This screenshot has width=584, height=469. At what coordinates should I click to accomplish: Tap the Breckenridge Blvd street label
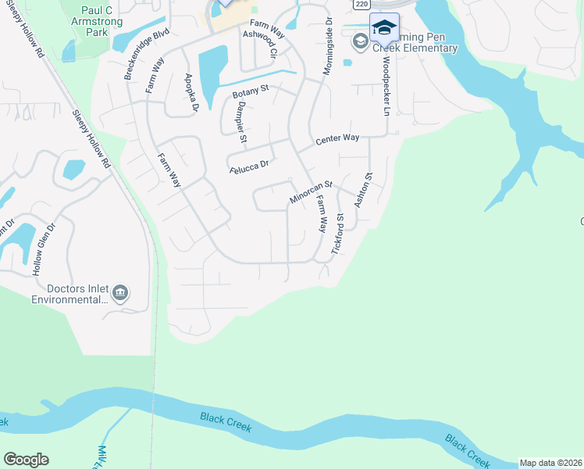(136, 55)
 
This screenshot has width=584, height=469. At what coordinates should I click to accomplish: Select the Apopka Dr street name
(191, 91)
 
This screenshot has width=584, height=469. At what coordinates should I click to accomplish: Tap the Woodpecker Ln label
(385, 85)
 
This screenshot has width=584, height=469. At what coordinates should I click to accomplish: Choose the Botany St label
(250, 91)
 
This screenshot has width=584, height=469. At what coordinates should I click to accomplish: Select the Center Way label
(337, 139)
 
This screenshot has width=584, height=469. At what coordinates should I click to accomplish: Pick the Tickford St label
(338, 232)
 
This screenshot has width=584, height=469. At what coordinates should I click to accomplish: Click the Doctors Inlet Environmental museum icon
(119, 293)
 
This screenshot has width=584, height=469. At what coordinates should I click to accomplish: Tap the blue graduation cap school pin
(383, 28)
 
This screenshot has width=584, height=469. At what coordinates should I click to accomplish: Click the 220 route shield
(360, 5)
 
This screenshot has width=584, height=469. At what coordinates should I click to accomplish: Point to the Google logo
(26, 460)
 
